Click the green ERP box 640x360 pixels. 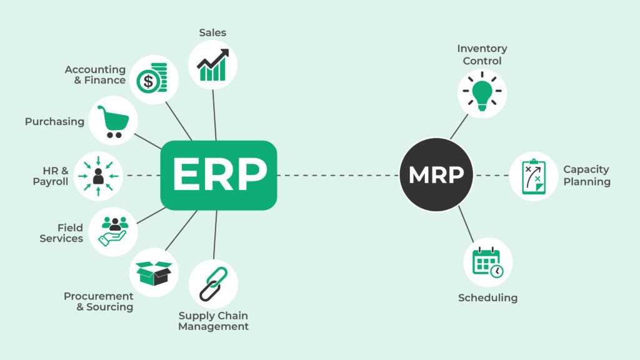point(218,175)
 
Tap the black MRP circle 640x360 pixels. point(436,175)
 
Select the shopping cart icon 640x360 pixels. point(113,121)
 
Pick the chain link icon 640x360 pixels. point(213,284)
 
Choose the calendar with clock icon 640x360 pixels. point(488,262)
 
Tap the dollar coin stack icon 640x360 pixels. point(154,79)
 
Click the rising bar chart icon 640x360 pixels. point(212,65)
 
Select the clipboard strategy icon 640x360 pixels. point(533,176)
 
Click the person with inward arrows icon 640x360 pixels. point(97,176)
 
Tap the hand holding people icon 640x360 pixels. point(113,231)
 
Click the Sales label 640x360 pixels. point(212,32)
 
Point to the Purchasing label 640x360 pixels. point(54,122)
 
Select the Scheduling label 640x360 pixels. point(487,297)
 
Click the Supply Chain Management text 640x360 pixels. point(213,321)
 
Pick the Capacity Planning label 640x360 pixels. point(586,176)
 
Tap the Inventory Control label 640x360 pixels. point(482,54)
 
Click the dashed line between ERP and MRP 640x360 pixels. point(337,176)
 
